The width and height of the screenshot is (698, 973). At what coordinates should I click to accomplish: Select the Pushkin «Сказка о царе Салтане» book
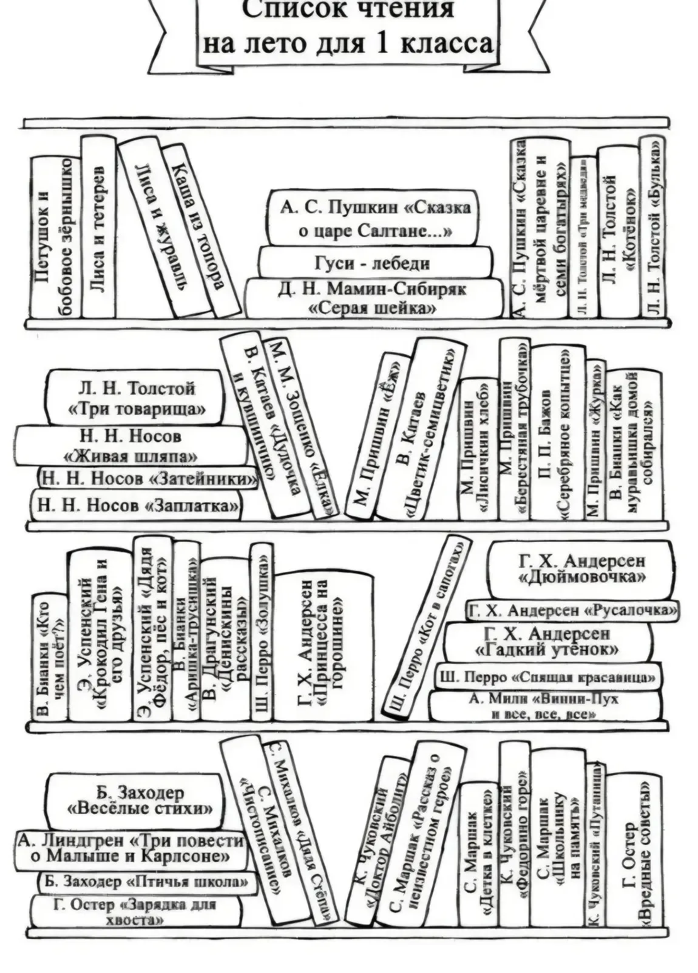point(374,219)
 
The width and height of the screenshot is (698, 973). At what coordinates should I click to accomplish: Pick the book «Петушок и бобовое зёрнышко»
point(55,237)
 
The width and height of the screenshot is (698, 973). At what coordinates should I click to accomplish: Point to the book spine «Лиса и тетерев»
point(98,228)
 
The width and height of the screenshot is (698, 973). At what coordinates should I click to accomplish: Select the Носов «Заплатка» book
point(137,505)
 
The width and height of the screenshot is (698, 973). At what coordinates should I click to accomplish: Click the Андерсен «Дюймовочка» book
point(581,568)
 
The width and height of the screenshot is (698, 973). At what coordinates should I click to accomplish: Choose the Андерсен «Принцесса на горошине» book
point(324,647)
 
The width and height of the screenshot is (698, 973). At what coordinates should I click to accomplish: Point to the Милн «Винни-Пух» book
point(544,706)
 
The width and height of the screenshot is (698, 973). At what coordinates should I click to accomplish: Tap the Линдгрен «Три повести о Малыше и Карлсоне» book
point(130,848)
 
